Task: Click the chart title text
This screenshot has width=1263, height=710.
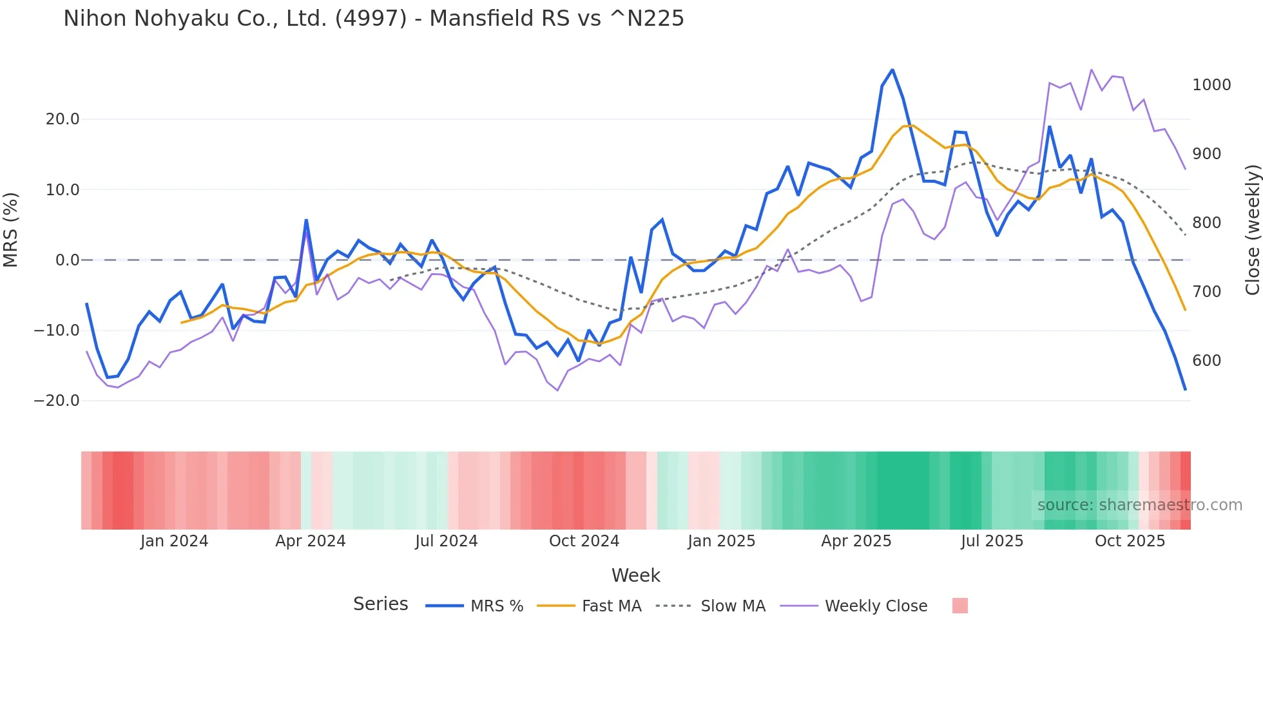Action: (x=373, y=19)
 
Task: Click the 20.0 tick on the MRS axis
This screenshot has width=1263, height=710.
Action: (x=63, y=119)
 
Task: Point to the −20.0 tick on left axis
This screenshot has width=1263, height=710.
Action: (x=57, y=401)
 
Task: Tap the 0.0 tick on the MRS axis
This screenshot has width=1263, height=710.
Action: (x=67, y=260)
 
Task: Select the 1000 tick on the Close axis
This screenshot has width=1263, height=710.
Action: (x=1211, y=85)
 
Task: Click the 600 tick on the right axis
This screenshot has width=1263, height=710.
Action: (x=1206, y=361)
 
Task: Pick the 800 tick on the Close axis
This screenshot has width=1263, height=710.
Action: (x=1206, y=223)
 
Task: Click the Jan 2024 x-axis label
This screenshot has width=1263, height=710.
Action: (x=174, y=541)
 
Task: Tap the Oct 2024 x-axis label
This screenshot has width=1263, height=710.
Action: (x=584, y=541)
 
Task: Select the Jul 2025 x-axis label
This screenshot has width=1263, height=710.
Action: (x=992, y=541)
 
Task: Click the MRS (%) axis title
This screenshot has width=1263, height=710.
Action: (x=11, y=230)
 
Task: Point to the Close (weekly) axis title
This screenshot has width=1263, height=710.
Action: (x=1252, y=230)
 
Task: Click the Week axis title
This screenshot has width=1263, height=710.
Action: (x=635, y=575)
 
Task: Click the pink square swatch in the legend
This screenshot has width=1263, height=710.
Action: (x=959, y=606)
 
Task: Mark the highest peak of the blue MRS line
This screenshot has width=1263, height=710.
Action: (x=892, y=70)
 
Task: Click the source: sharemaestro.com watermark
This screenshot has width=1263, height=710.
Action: (x=1139, y=505)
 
